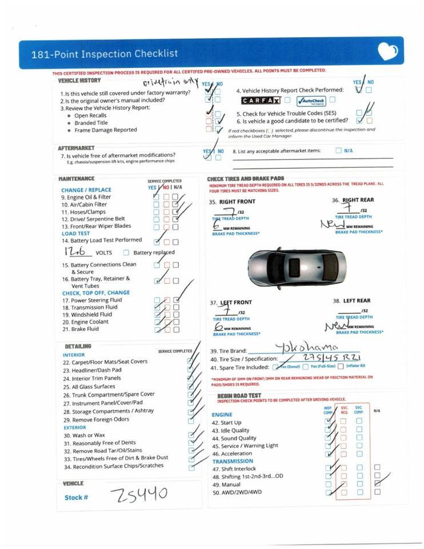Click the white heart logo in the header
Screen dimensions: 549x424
click(x=387, y=53)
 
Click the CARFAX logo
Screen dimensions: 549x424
click(x=261, y=101)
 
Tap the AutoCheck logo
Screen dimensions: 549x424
click(x=310, y=101)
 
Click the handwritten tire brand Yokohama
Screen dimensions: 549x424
click(x=306, y=347)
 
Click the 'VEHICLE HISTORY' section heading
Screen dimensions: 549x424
click(x=79, y=81)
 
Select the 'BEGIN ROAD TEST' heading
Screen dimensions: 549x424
click(x=239, y=396)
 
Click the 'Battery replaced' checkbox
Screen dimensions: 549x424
click(x=126, y=253)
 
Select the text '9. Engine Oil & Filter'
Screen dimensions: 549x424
click(x=86, y=197)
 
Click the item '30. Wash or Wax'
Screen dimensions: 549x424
click(x=84, y=435)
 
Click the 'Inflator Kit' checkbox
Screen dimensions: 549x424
click(x=341, y=366)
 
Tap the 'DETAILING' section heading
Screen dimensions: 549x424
click(x=78, y=347)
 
